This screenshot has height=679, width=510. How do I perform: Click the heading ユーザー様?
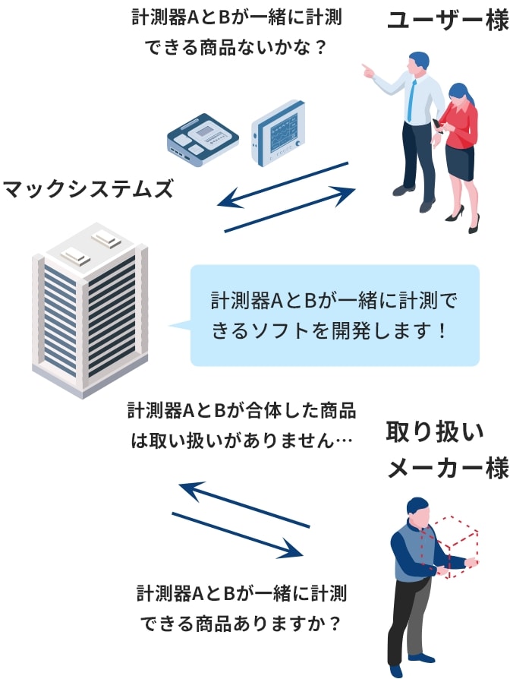447,21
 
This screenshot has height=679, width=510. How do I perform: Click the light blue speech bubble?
334,316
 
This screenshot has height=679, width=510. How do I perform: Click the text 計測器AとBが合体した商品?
242,411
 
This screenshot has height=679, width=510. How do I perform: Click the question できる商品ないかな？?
235,47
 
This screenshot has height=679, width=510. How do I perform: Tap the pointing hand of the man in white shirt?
367,70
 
